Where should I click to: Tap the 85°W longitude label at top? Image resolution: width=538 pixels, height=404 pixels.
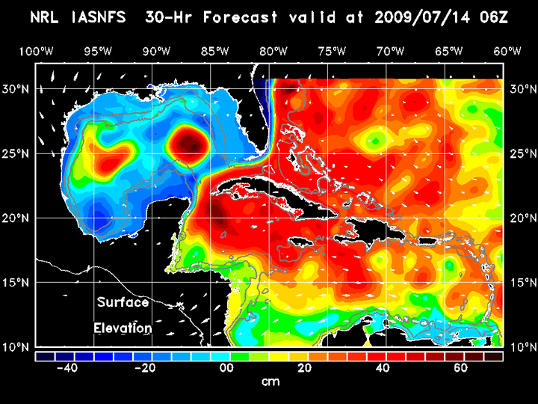point(217,52)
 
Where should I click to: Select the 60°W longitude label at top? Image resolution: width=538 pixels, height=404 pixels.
point(507,52)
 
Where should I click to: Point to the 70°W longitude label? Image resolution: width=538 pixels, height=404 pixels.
point(391,52)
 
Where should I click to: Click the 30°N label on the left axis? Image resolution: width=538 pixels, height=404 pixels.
point(19,89)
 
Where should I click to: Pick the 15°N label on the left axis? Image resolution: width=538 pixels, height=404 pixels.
point(19,283)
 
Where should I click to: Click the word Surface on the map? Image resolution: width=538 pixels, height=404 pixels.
point(123,303)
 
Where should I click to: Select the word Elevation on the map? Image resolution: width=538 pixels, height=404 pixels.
point(123,328)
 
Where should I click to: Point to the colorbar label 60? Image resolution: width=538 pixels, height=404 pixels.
point(461,368)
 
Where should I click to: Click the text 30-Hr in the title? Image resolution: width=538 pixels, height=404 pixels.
point(198,17)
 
